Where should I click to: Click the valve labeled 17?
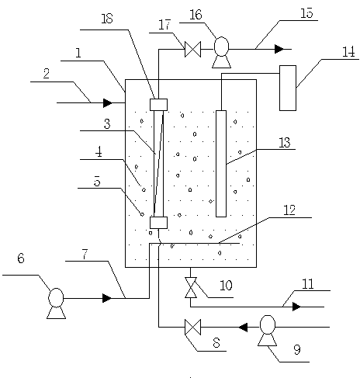192,49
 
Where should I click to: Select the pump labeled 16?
221,53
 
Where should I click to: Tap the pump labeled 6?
56,303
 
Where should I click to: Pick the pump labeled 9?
268,331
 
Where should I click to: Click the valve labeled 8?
192,327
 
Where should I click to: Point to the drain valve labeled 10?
191,287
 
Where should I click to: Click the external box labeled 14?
288,88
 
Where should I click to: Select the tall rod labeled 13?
221,164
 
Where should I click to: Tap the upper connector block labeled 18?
158,105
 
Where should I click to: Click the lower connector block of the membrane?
158,223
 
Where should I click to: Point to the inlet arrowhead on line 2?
108,102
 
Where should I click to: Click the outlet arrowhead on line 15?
279,49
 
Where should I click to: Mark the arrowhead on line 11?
296,307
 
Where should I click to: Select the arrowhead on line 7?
107,298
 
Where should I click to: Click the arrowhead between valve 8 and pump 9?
243,327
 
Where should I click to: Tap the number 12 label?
289,210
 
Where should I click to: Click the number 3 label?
107,123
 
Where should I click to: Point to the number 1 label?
78,53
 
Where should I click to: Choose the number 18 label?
107,19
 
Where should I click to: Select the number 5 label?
97,181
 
